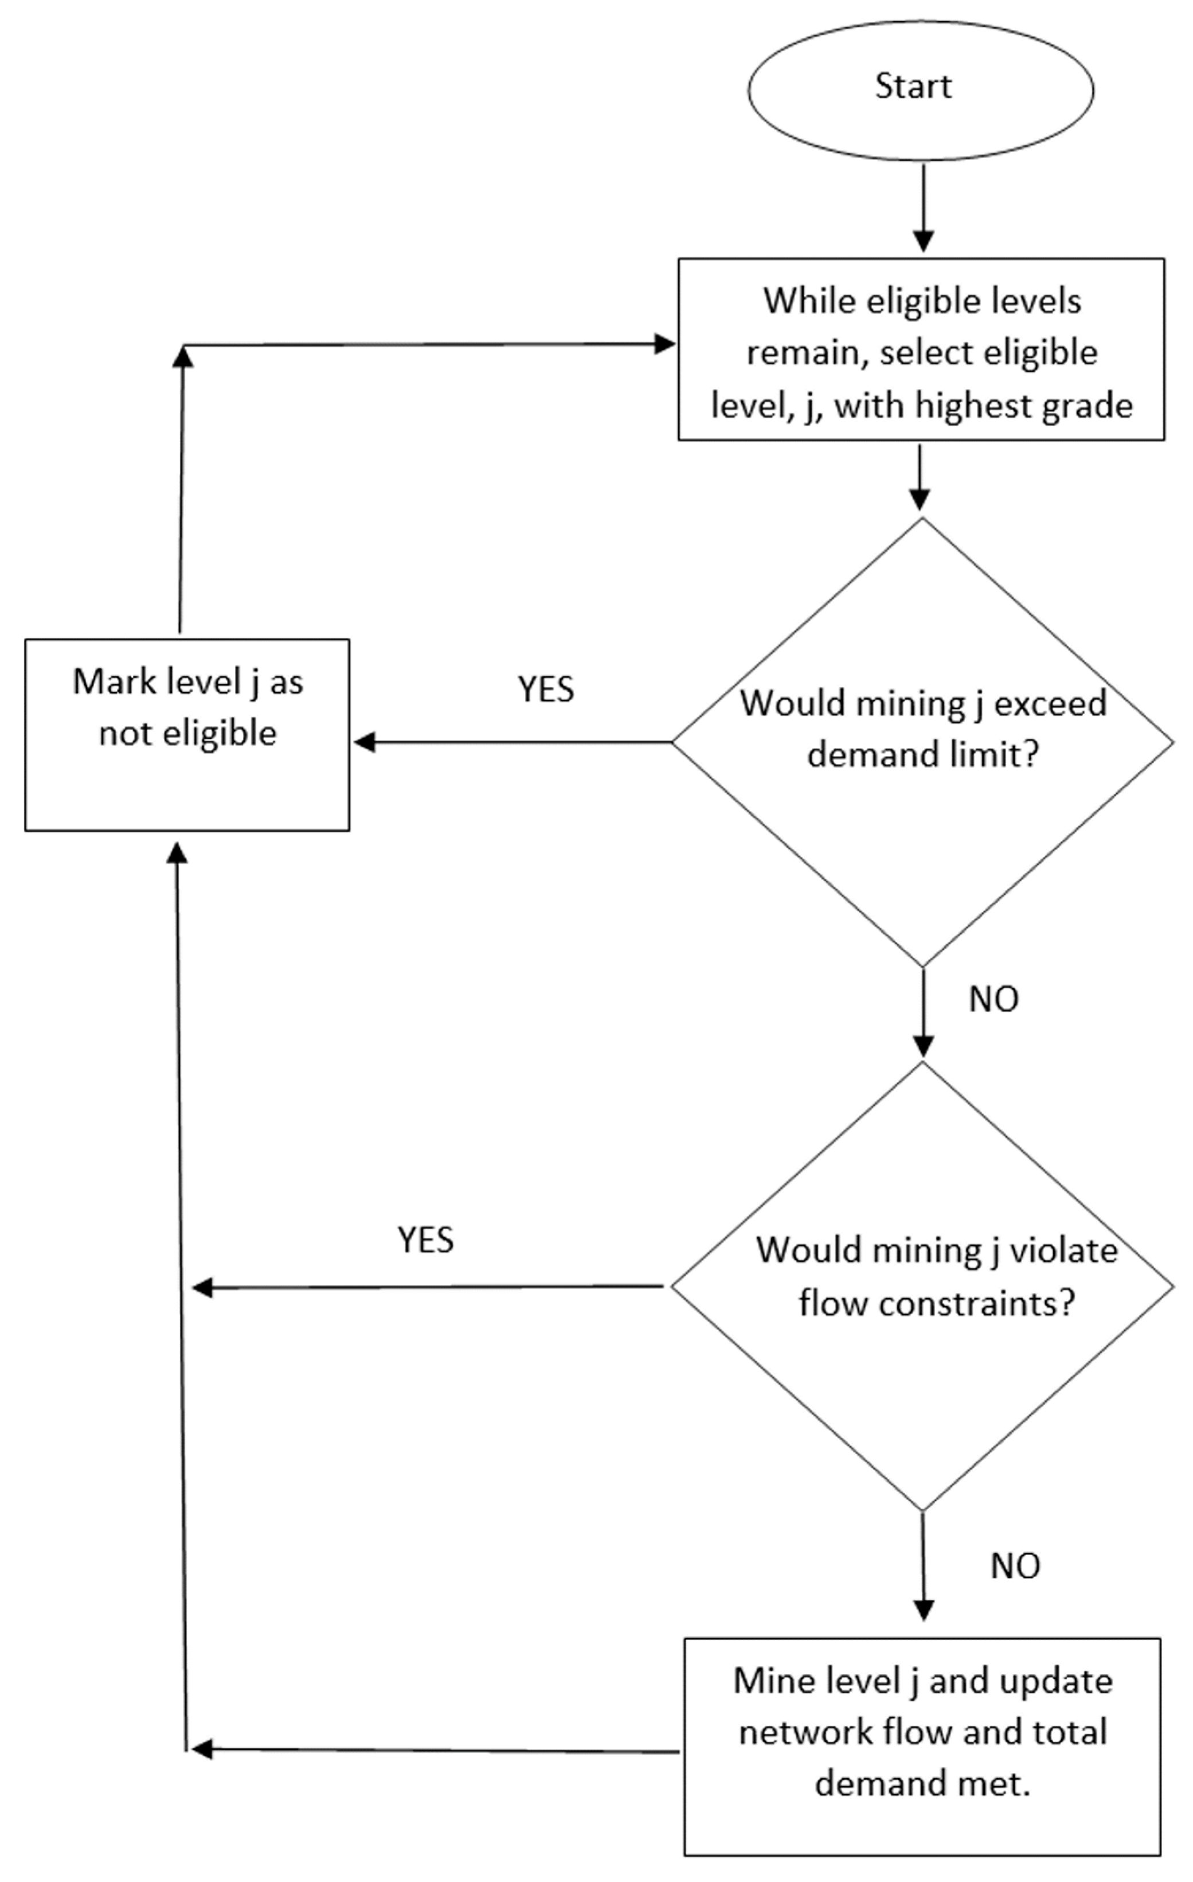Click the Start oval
pyautogui.click(x=920, y=90)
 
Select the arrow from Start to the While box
pyautogui.click(x=924, y=207)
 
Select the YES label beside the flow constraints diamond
pyautogui.click(x=425, y=1239)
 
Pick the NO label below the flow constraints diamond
pyautogui.click(x=1015, y=1565)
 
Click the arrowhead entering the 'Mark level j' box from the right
pyautogui.click(x=364, y=742)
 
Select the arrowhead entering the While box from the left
pyautogui.click(x=664, y=344)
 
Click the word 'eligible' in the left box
pyautogui.click(x=226, y=733)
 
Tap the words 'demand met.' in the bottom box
pyautogui.click(x=922, y=1783)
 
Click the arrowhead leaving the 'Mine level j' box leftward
pyautogui.click(x=202, y=1748)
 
